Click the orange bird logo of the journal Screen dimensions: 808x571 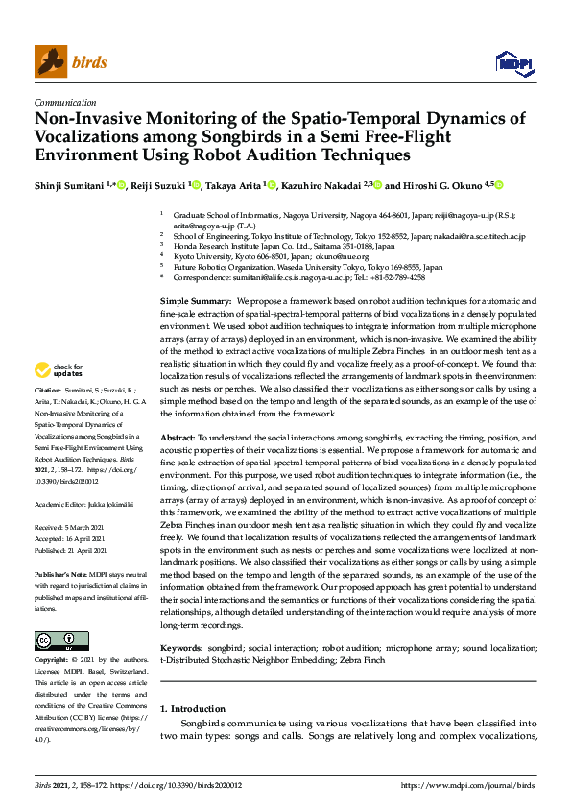point(51,61)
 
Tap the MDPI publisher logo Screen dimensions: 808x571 point(513,62)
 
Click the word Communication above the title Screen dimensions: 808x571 point(64,101)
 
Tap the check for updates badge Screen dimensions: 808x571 point(58,369)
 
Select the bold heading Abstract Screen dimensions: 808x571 point(178,436)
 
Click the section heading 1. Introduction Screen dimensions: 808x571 point(193,708)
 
